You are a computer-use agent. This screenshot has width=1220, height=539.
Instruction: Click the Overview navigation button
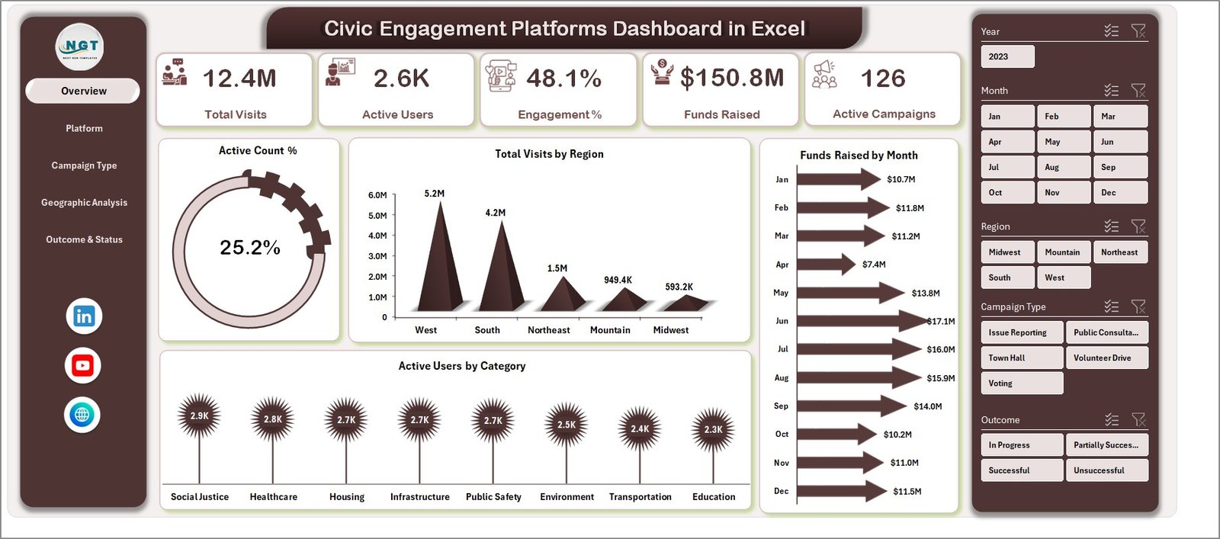tap(83, 91)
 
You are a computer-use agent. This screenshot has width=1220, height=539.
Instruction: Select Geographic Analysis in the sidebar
tap(84, 203)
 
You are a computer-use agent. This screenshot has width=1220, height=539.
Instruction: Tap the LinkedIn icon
tap(83, 316)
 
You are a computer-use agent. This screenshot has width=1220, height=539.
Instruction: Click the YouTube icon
tap(82, 366)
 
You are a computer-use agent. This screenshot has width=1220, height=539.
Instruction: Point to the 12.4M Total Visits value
tap(239, 79)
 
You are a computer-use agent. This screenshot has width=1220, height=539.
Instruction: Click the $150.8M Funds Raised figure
tap(731, 78)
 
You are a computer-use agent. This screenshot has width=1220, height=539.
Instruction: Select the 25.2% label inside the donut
tap(249, 248)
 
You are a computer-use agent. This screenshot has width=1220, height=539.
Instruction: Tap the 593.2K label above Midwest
tap(679, 287)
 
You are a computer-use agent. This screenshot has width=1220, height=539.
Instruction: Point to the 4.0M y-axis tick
tap(377, 236)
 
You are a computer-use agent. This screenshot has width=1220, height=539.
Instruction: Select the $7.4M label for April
tap(874, 265)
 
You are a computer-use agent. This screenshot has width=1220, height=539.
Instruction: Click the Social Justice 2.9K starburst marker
tap(199, 415)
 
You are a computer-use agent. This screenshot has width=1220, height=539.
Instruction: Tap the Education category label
tap(714, 497)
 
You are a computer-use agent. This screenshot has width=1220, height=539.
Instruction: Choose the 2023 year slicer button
tap(1007, 56)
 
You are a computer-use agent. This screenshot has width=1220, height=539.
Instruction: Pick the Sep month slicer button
tap(1119, 167)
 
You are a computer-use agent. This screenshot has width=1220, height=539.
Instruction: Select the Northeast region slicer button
tap(1119, 252)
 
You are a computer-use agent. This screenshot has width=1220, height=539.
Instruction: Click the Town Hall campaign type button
tap(1021, 358)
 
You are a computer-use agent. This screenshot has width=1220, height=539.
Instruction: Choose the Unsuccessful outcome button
tap(1106, 470)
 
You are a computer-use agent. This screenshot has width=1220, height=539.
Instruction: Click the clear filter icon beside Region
tap(1138, 226)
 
